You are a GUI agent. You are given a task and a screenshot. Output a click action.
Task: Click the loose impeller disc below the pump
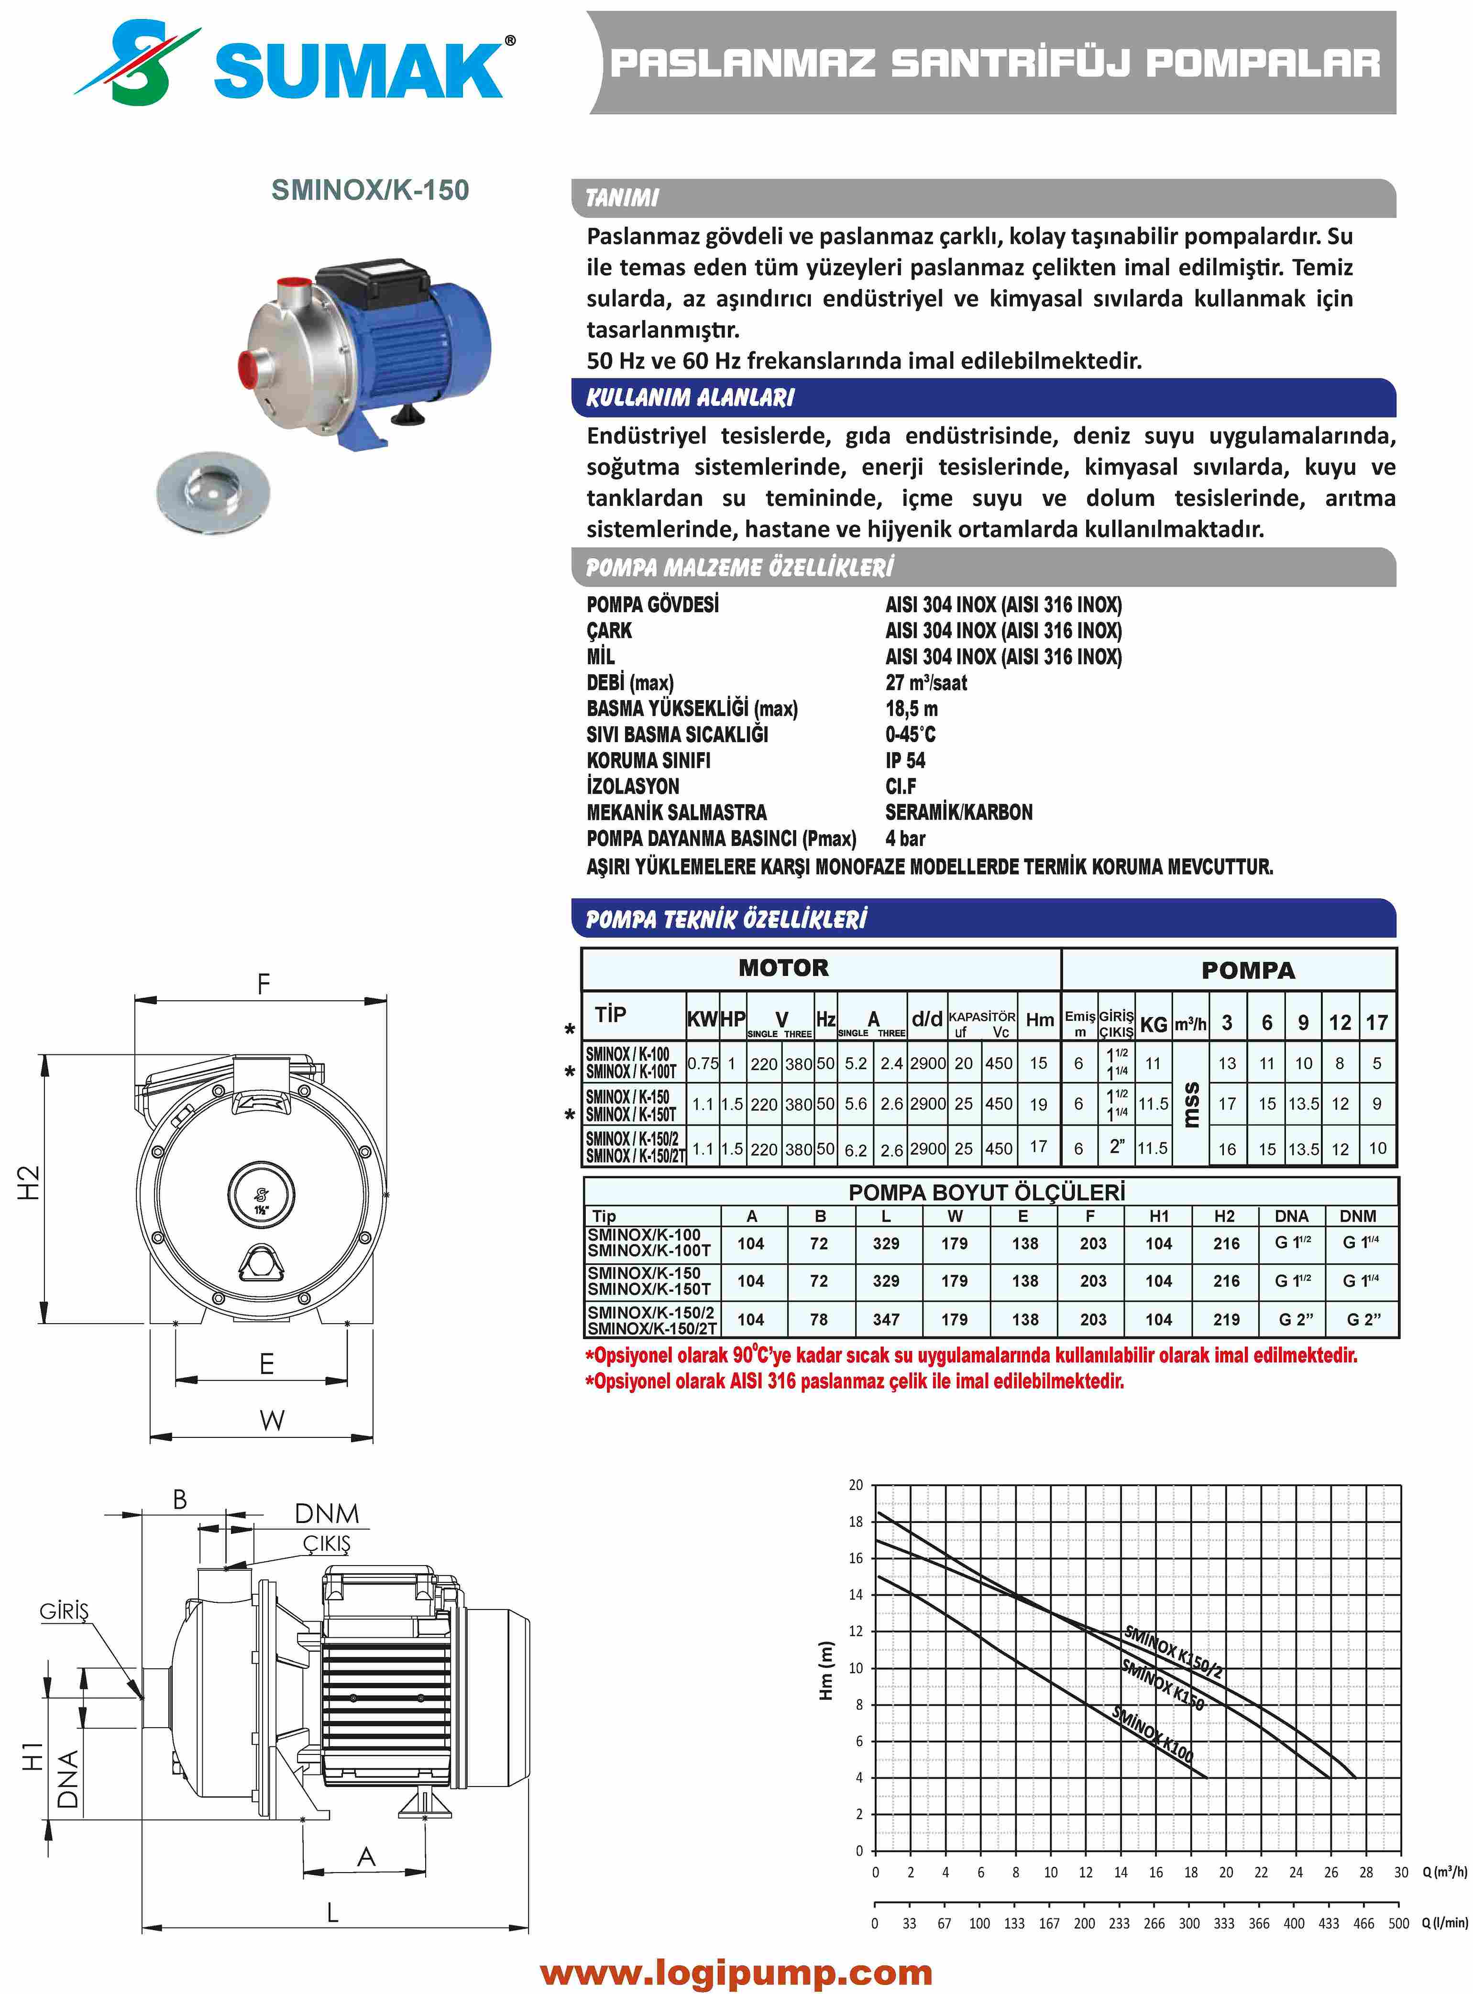point(212,492)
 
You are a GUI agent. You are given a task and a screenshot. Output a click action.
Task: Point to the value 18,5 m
point(911,709)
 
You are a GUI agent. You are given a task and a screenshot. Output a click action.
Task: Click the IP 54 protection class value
point(905,760)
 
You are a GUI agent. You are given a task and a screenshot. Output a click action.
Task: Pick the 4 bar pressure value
point(905,838)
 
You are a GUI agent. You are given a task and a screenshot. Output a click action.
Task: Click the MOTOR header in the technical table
point(783,968)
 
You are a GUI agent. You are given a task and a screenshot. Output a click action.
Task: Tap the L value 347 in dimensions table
point(885,1319)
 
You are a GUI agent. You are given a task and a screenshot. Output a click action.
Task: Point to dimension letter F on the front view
point(263,984)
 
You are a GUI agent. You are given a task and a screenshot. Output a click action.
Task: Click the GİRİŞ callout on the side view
point(64,1611)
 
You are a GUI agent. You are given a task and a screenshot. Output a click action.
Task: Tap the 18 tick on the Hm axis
point(856,1522)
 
